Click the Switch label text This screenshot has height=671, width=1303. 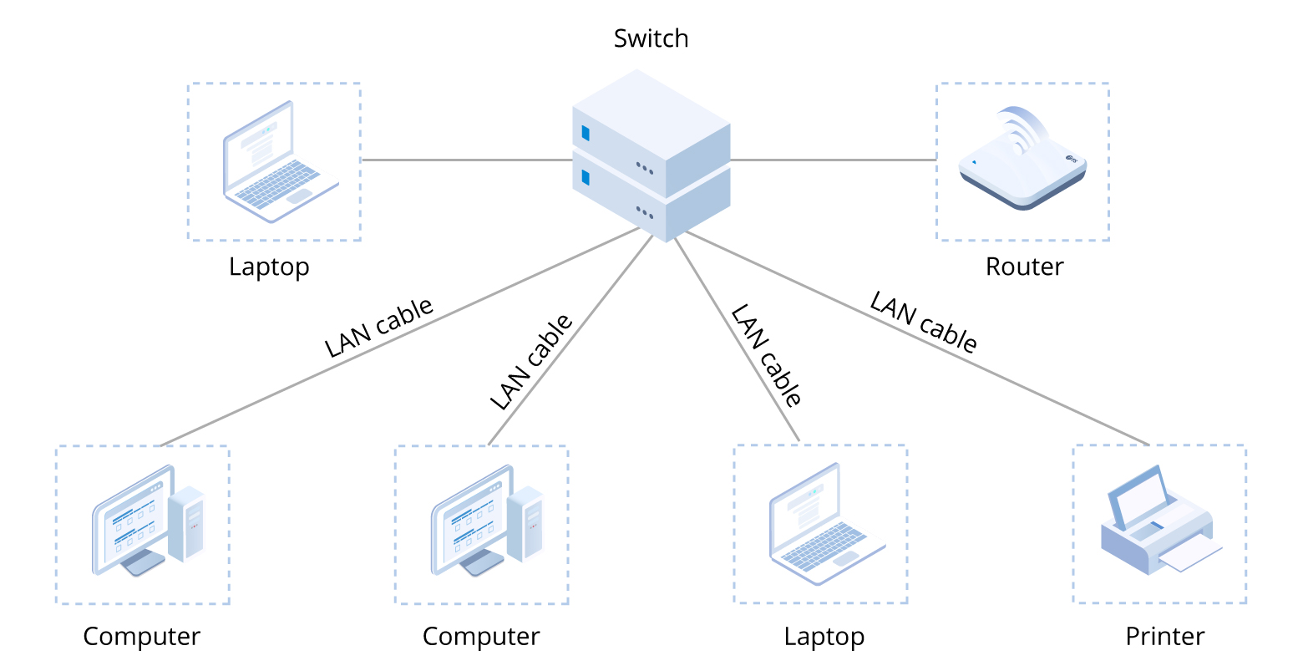pyautogui.click(x=651, y=38)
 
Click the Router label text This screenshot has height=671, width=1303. pyautogui.click(x=1024, y=267)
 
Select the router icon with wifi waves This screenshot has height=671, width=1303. pyautogui.click(x=1022, y=163)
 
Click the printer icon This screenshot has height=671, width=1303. pyautogui.click(x=1159, y=522)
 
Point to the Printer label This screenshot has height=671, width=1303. pyautogui.click(x=1164, y=636)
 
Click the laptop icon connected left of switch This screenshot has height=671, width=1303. pyautogui.click(x=276, y=164)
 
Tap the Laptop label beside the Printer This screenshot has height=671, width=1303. pyautogui.click(x=824, y=636)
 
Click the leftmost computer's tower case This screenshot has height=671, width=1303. pyautogui.click(x=186, y=523)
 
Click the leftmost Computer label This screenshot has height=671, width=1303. pyautogui.click(x=142, y=636)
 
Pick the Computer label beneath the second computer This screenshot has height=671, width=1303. pyautogui.click(x=481, y=636)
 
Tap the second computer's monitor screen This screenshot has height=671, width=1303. pyautogui.click(x=469, y=523)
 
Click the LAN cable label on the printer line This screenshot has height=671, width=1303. pyautogui.click(x=923, y=323)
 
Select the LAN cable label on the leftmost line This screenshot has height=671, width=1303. pyautogui.click(x=379, y=328)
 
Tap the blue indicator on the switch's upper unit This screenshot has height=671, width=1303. pyautogui.click(x=586, y=133)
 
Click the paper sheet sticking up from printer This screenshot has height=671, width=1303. pyautogui.click(x=1141, y=500)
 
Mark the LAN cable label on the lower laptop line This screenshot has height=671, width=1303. pyautogui.click(x=766, y=355)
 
